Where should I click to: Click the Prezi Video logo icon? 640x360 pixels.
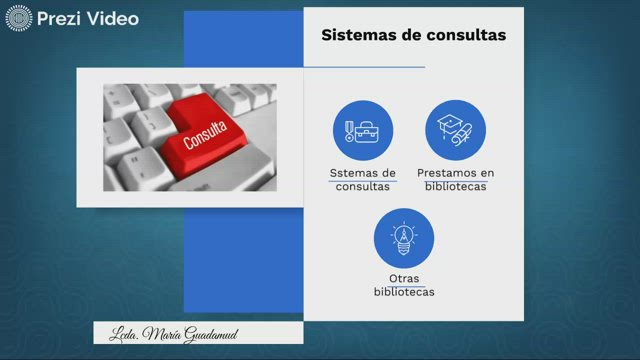19,18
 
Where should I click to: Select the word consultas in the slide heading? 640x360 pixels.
463,35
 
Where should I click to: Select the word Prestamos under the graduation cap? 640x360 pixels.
451,173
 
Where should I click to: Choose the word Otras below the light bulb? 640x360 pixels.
404,278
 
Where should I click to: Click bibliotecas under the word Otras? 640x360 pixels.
404,292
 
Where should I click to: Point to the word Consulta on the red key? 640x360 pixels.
205,134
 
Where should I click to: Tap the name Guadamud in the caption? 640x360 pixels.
209,333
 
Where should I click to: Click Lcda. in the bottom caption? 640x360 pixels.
122,333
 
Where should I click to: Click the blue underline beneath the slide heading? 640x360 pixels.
364,67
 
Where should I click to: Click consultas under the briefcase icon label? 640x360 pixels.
363,186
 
